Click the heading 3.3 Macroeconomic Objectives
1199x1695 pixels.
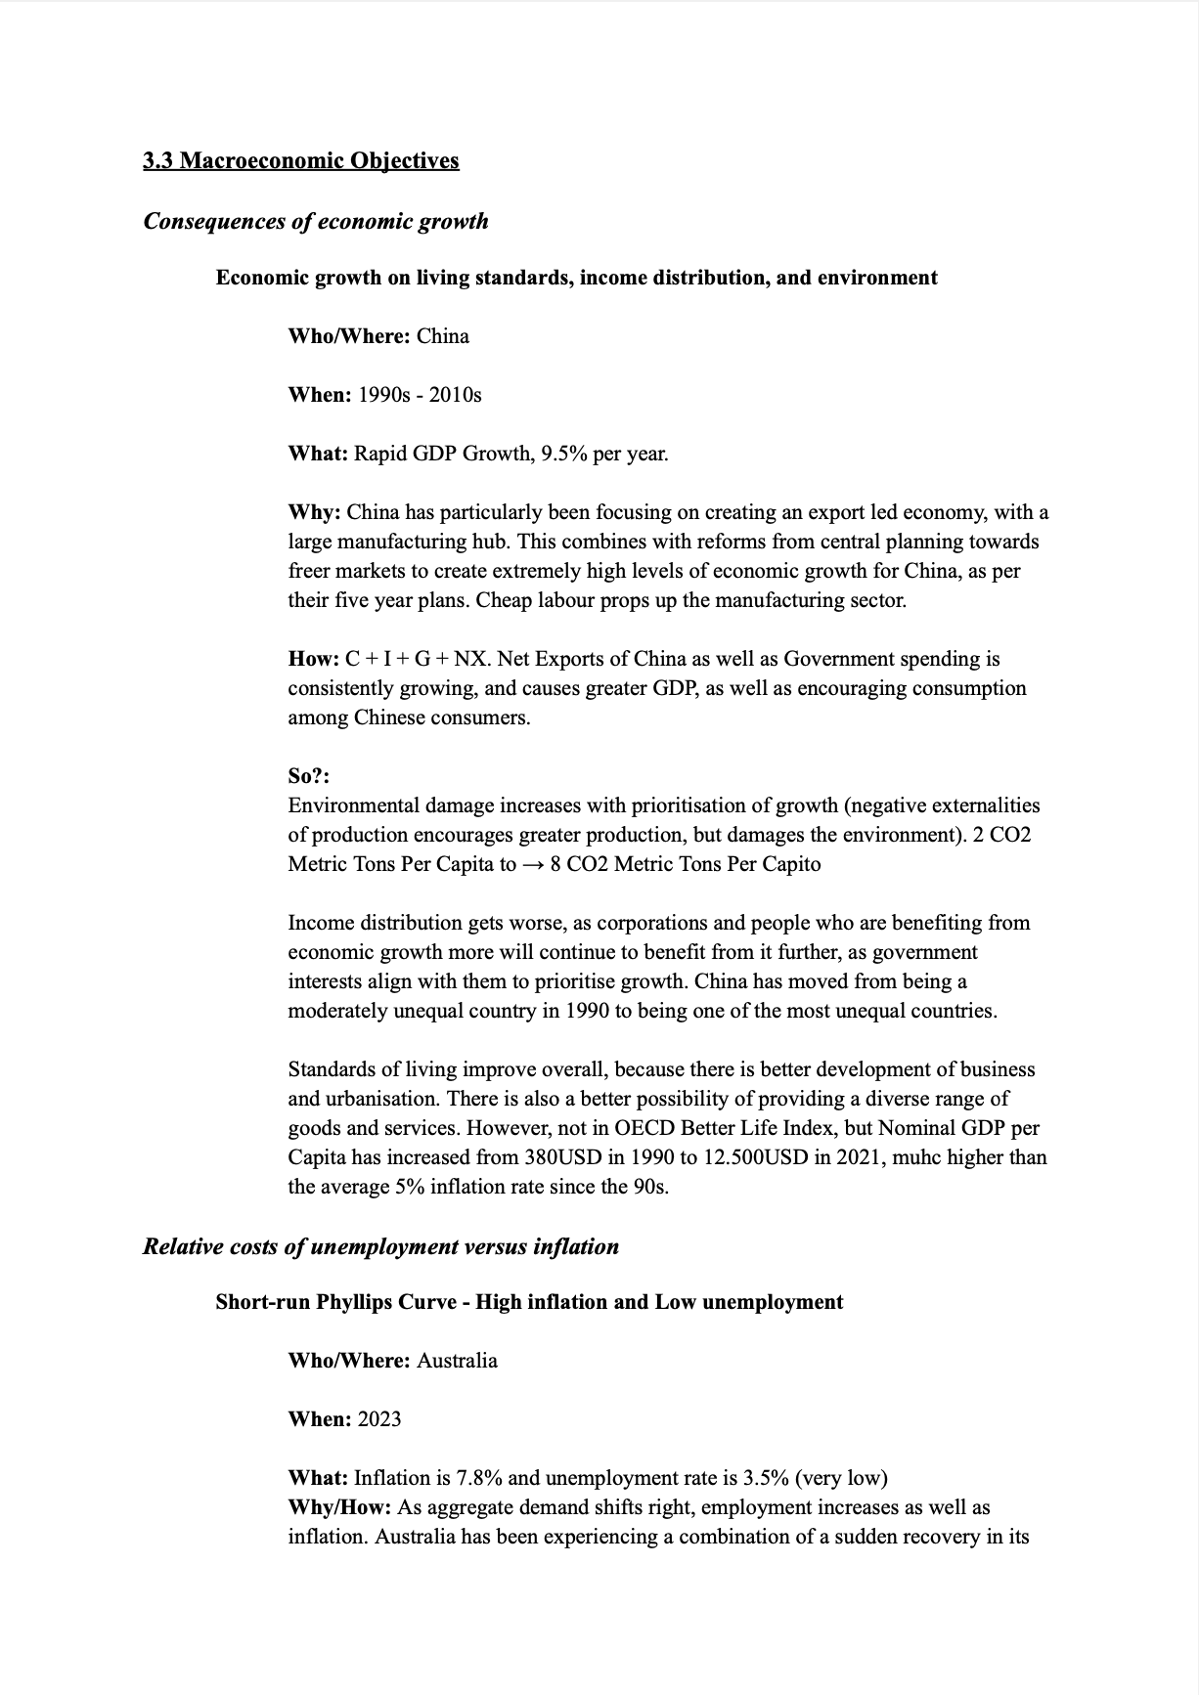pos(300,160)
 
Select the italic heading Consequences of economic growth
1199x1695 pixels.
pos(315,221)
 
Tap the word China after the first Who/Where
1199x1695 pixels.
pos(442,336)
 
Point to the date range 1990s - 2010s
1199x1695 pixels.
pos(420,395)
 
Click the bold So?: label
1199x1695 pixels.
pos(308,776)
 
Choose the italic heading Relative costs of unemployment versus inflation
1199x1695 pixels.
pos(380,1246)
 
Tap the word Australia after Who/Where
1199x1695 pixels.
pos(457,1361)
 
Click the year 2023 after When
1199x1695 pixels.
pos(378,1419)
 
